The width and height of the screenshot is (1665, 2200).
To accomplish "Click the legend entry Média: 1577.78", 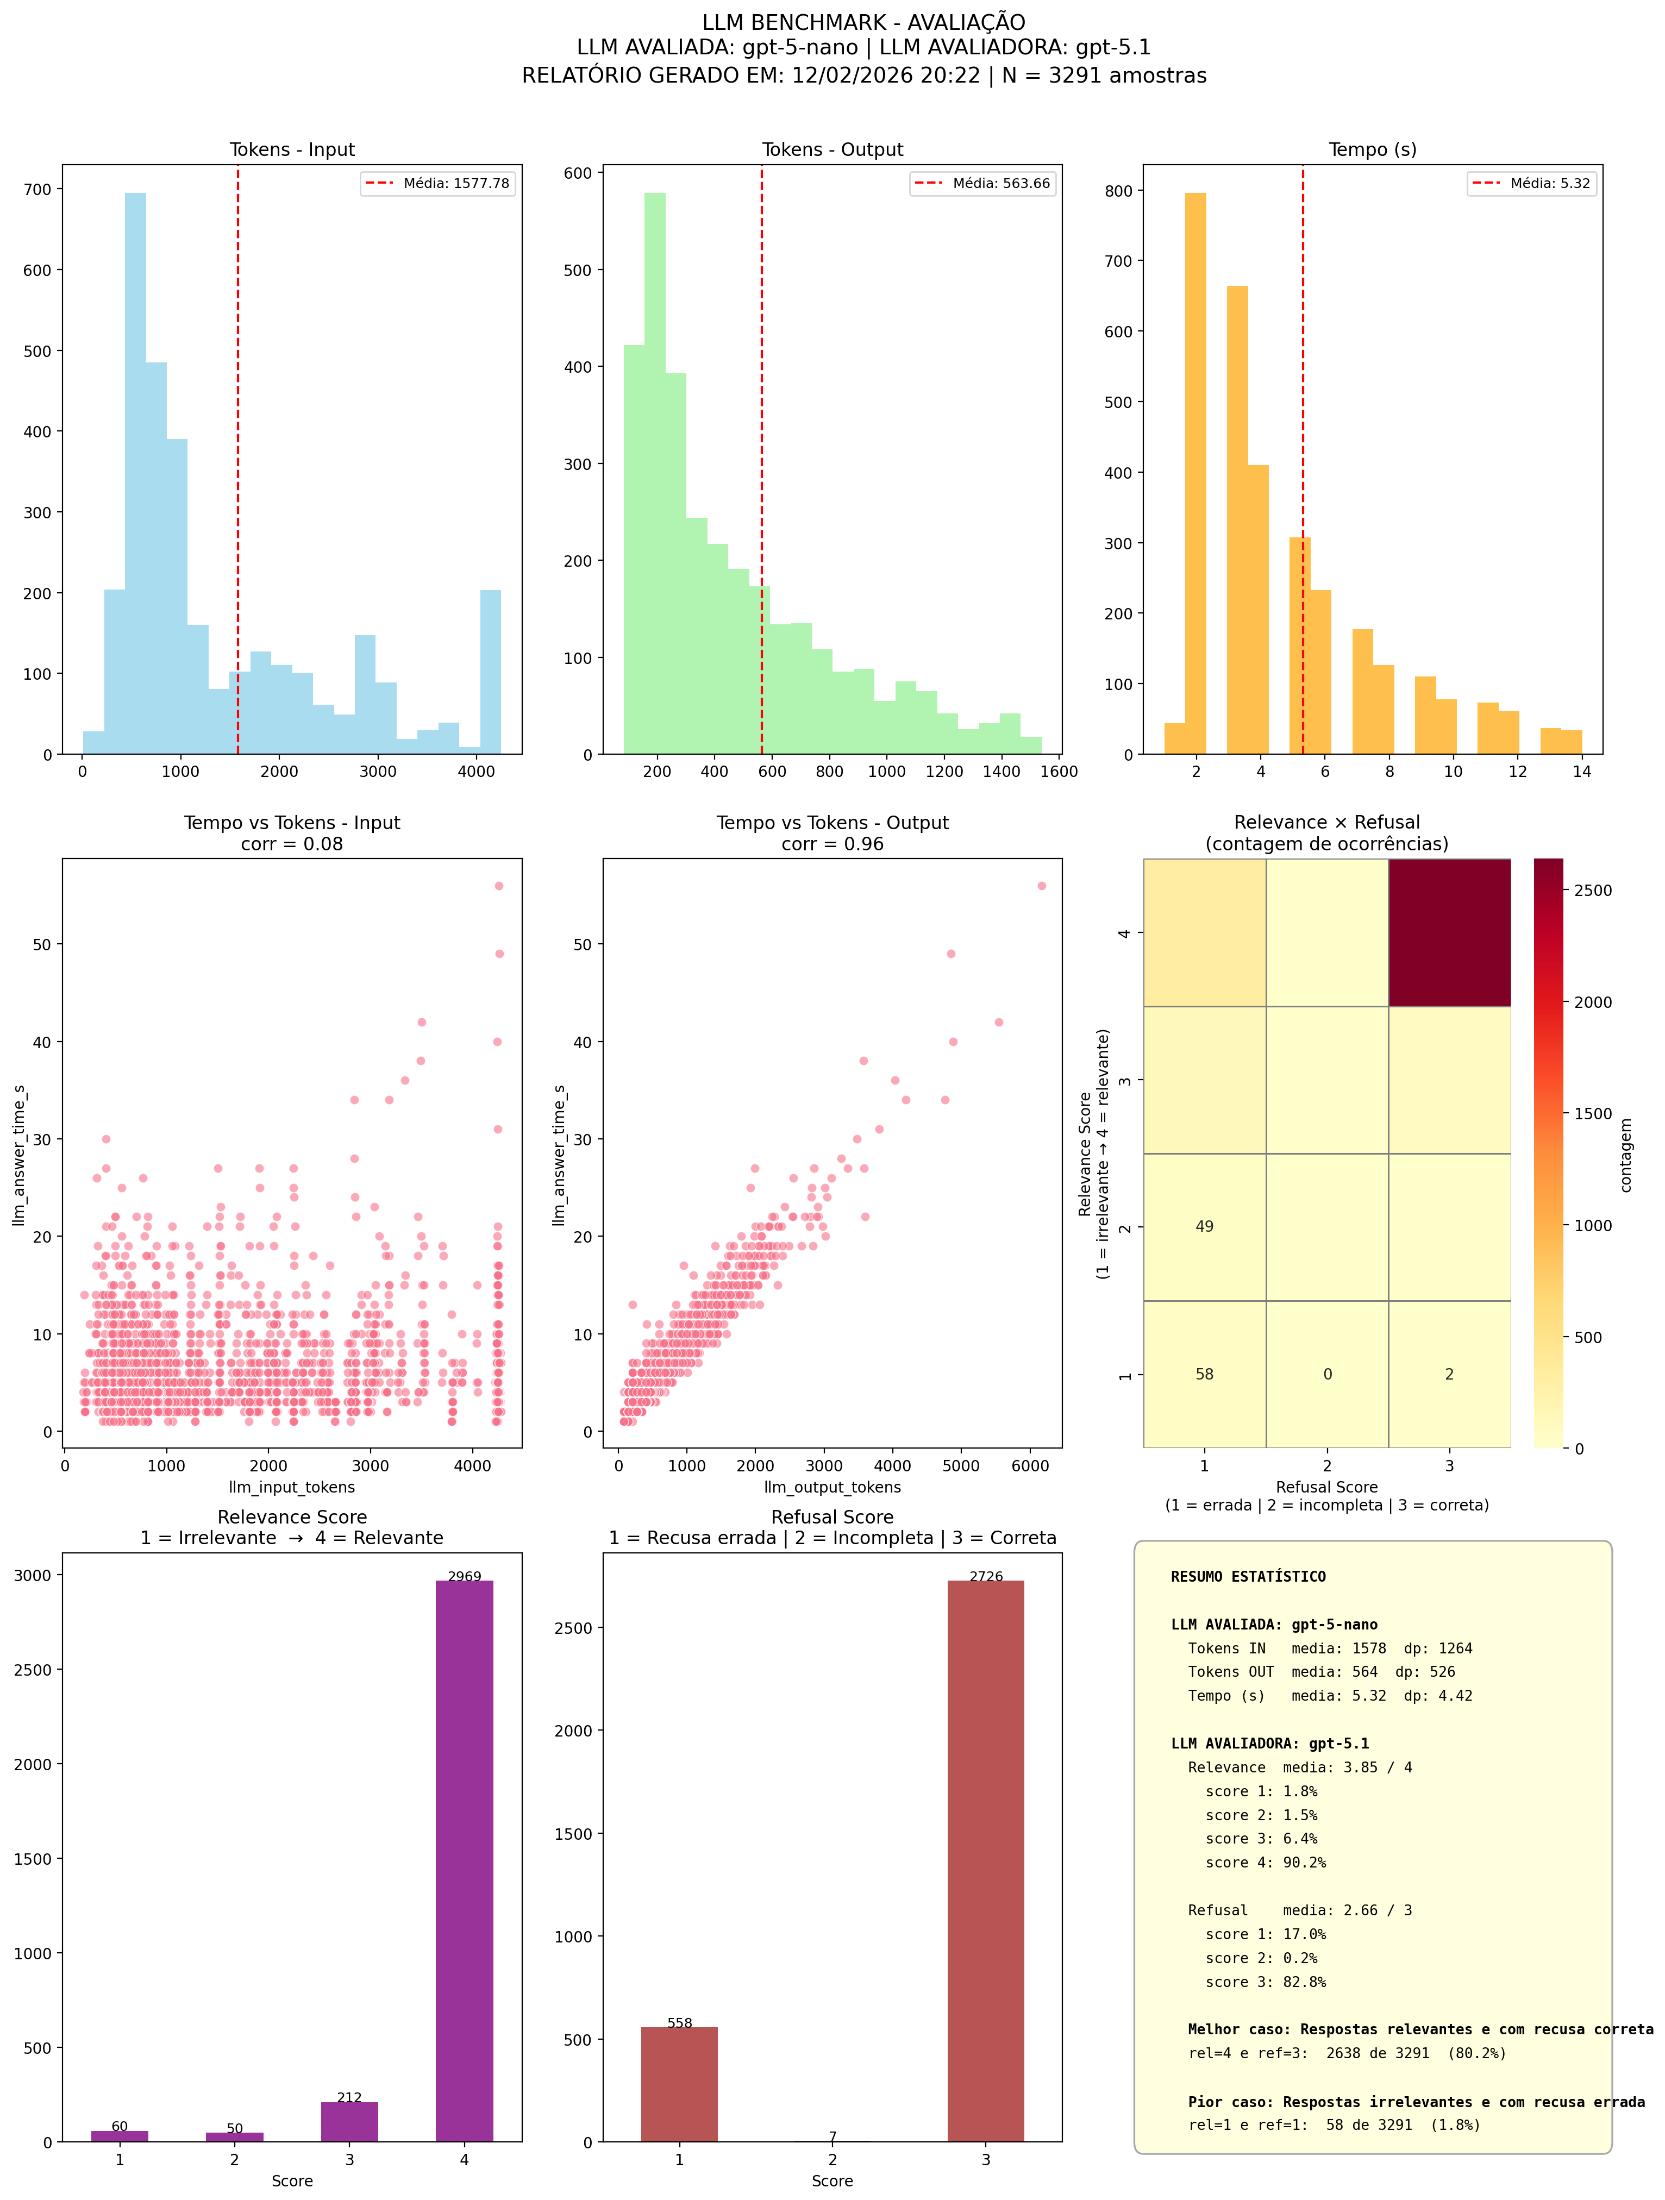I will [437, 183].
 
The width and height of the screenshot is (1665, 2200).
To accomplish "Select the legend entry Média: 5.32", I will [1532, 183].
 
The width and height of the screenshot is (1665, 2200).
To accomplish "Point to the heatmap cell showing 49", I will [1205, 1226].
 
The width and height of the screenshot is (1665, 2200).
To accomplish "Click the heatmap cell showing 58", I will [1205, 1374].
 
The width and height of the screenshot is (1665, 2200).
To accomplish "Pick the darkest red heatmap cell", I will [1449, 932].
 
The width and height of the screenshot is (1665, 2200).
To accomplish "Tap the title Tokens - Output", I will [832, 149].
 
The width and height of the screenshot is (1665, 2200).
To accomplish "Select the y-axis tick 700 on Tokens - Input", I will [38, 189].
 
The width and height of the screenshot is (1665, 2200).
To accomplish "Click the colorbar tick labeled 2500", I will [1592, 890].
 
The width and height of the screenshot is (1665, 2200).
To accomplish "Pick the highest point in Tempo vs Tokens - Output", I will [1041, 885].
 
